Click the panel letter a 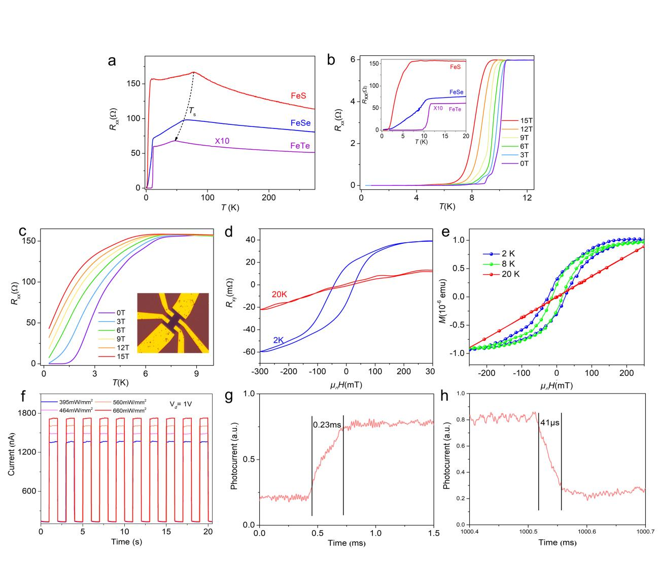coord(112,61)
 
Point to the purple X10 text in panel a coord(222,140)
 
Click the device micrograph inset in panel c coord(173,322)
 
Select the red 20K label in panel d coord(279,295)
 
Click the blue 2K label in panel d coord(279,340)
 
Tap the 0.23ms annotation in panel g coord(327,423)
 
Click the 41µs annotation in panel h coord(549,422)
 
